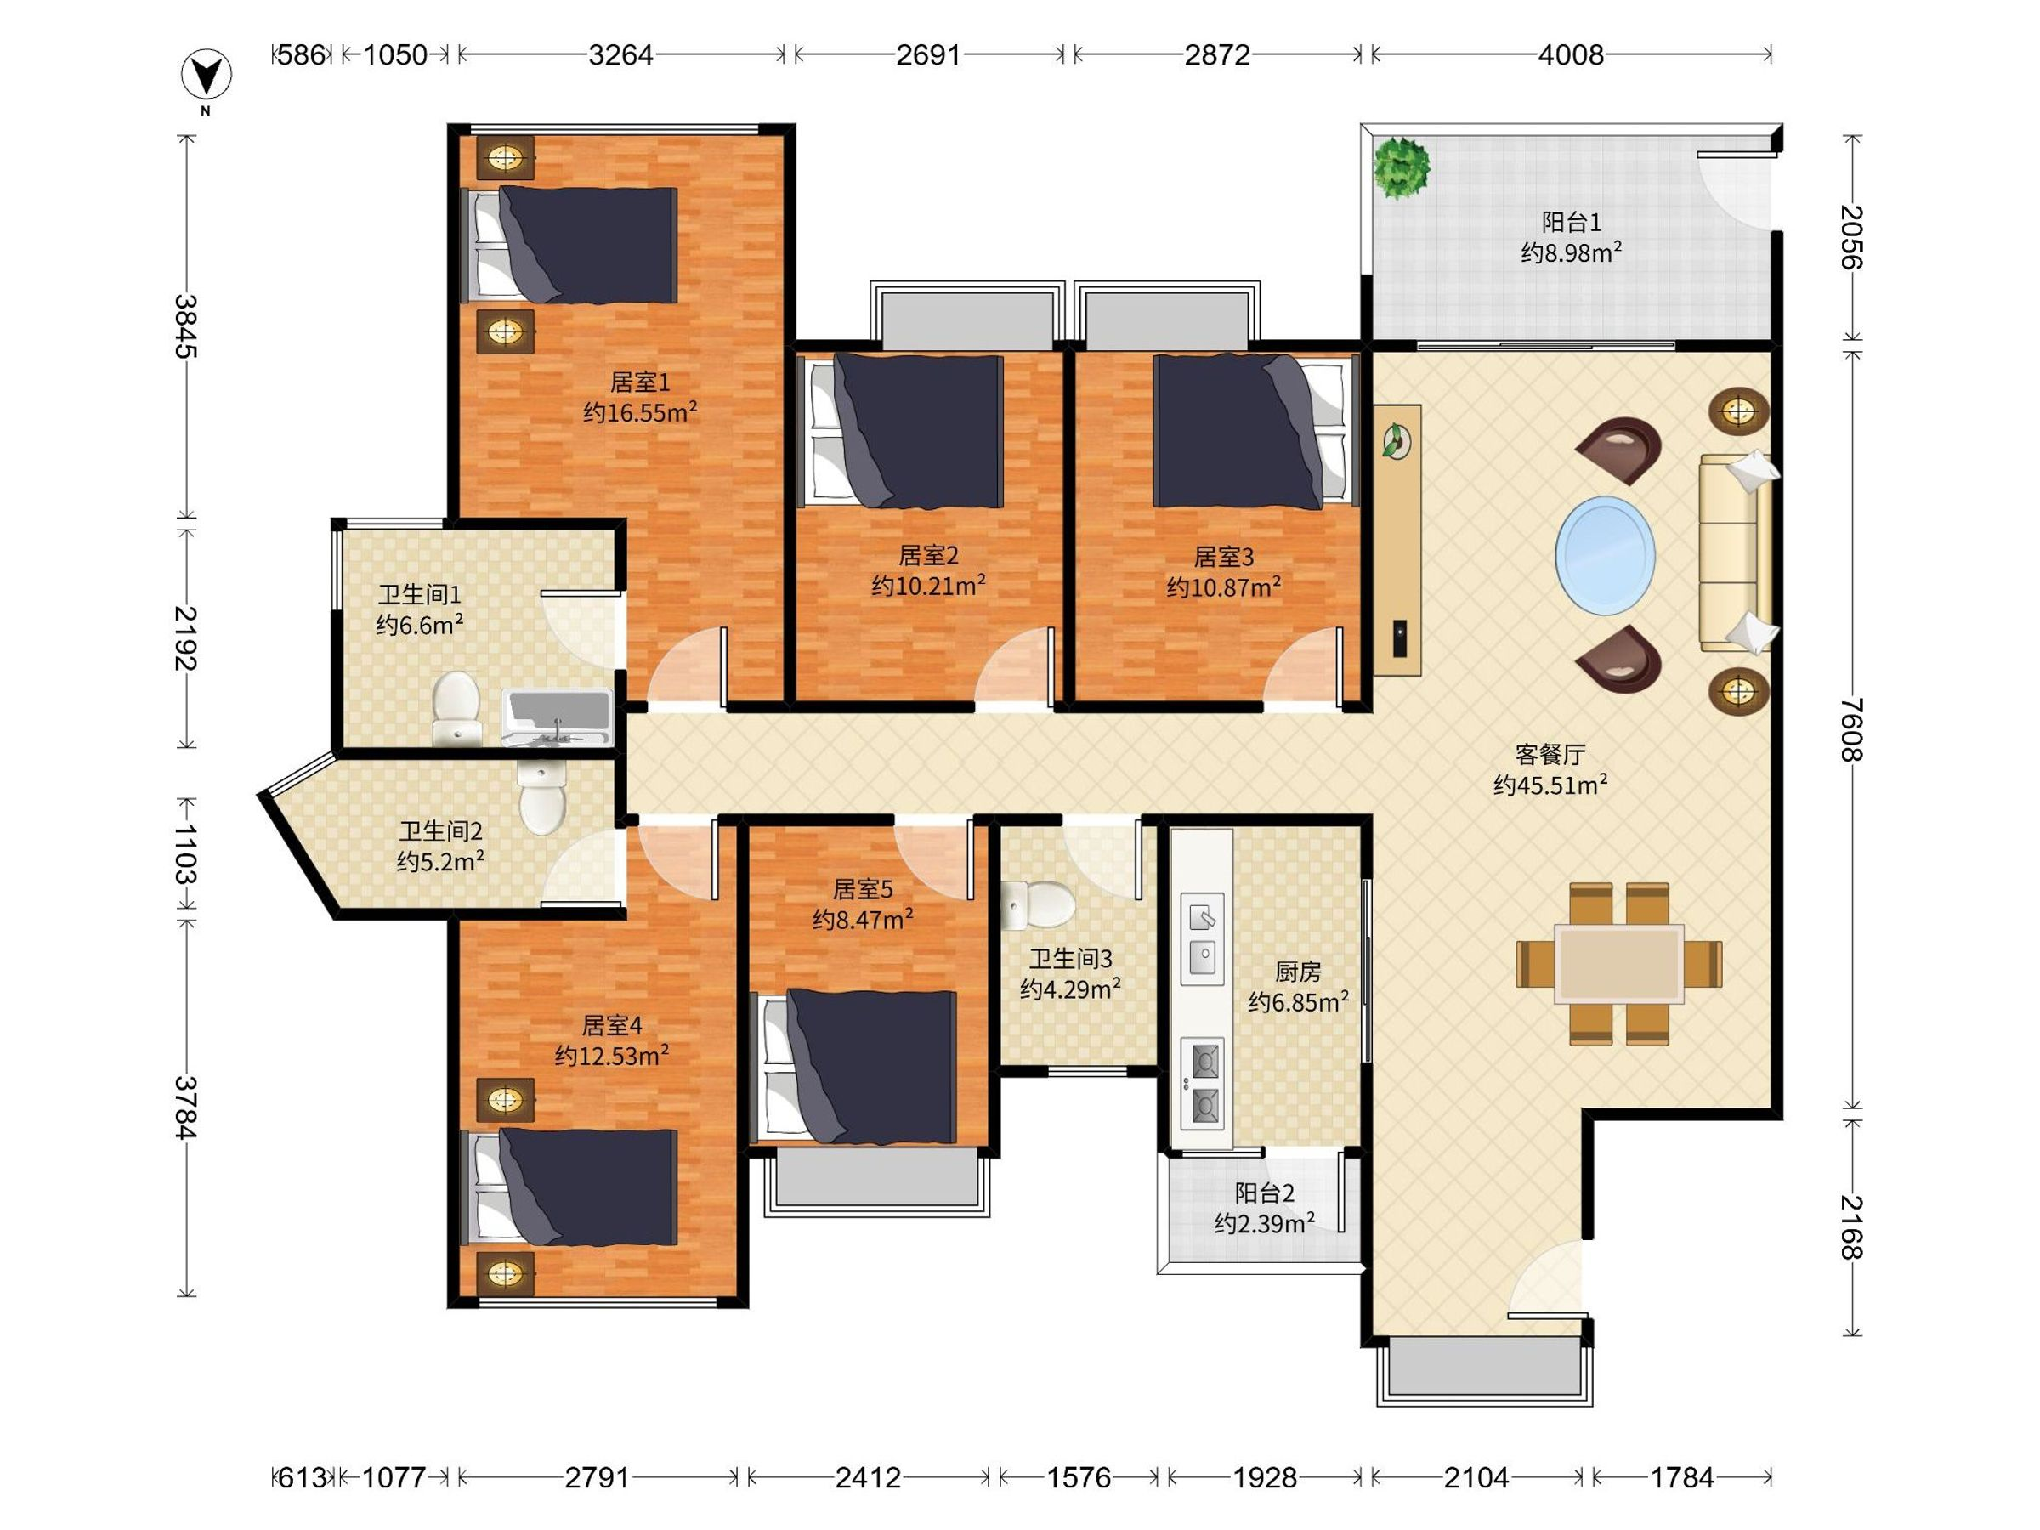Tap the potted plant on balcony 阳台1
[x=1401, y=167]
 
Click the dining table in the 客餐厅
[x=1618, y=964]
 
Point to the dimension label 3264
[x=620, y=55]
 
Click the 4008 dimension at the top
[x=1571, y=55]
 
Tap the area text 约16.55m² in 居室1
[x=639, y=411]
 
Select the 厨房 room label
[x=1298, y=971]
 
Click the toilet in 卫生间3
[x=1038, y=904]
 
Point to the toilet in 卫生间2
[x=541, y=796]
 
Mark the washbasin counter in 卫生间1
[x=556, y=717]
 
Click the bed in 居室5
[x=856, y=1067]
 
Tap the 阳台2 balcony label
[x=1265, y=1193]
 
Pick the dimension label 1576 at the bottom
[x=1078, y=1478]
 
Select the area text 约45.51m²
[x=1551, y=785]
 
